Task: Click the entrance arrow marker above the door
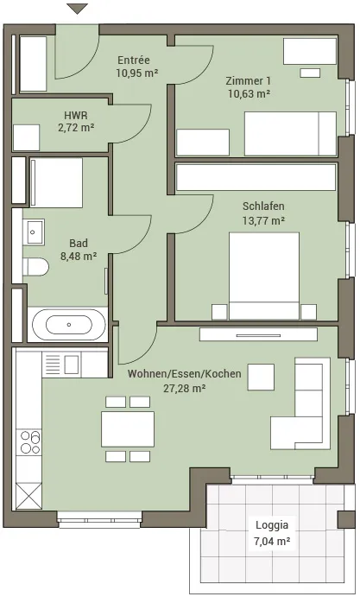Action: [x=77, y=9]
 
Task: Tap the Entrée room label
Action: [x=134, y=60]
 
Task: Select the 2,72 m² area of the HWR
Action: [x=76, y=128]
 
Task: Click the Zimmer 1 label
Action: [x=248, y=80]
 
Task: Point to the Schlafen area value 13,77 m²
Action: [x=263, y=221]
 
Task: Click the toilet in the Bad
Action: [x=35, y=267]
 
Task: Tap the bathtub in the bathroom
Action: [x=69, y=325]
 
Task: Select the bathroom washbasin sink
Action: [x=35, y=232]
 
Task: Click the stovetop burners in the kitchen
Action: [x=30, y=442]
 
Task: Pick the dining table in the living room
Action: [x=128, y=429]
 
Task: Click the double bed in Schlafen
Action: [x=264, y=276]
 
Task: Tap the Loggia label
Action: [x=272, y=525]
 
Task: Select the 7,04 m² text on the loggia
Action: [x=272, y=542]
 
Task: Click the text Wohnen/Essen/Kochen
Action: [x=185, y=374]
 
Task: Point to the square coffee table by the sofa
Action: [x=261, y=378]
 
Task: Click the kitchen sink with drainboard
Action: [x=62, y=365]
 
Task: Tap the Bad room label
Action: [x=79, y=243]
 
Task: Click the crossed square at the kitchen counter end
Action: [x=28, y=496]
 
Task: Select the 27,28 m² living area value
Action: [x=185, y=389]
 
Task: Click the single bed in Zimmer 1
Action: [x=290, y=134]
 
